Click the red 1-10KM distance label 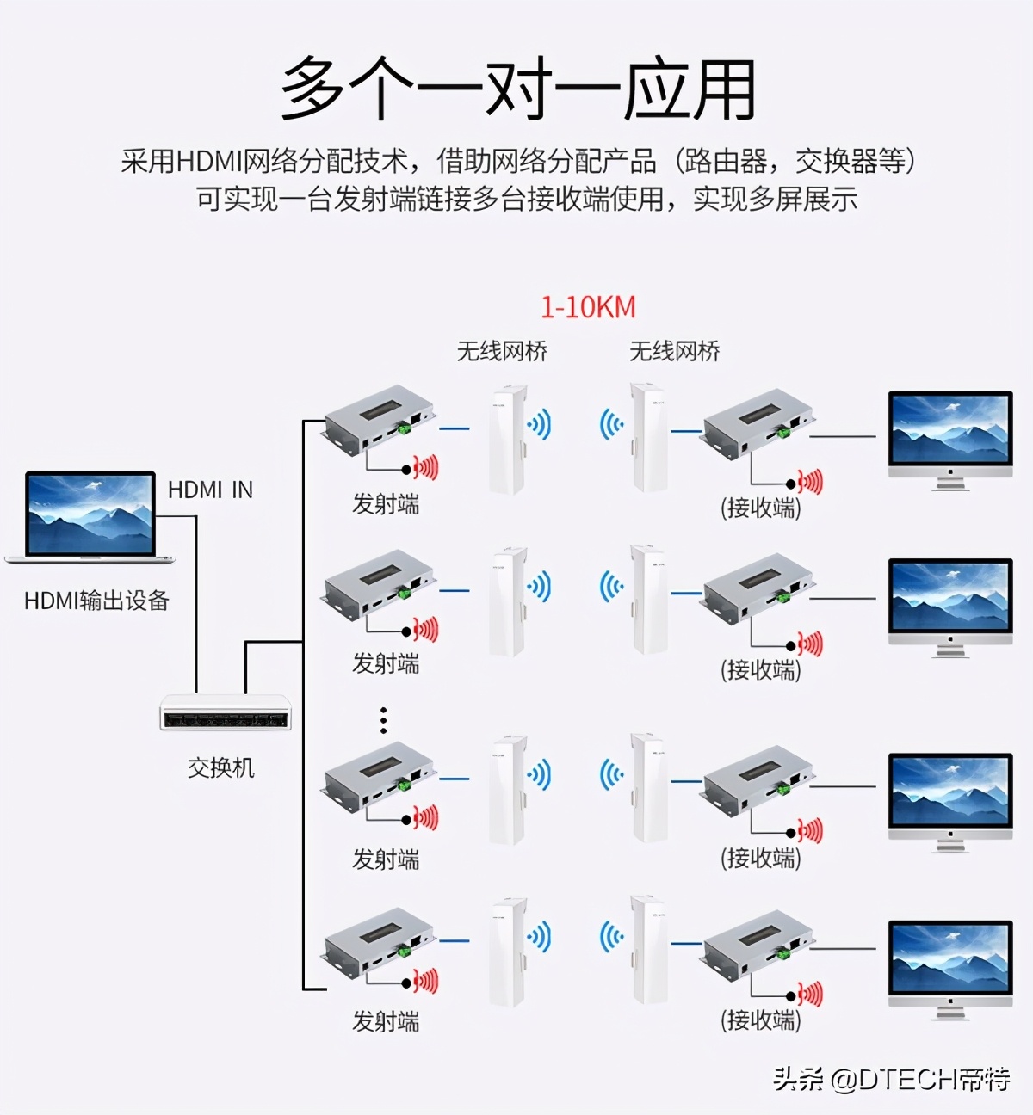(x=588, y=307)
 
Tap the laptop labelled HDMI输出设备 (x=90, y=517)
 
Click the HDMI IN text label (x=210, y=490)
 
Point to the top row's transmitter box (x=379, y=420)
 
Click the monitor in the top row (x=950, y=439)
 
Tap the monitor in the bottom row (x=950, y=969)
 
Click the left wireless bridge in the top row (x=507, y=439)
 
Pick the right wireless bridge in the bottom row (x=647, y=950)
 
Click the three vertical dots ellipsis (x=383, y=720)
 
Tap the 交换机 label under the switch (x=221, y=767)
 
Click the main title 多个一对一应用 (x=518, y=89)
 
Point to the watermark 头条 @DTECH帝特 (x=891, y=1078)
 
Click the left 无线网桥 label (x=502, y=351)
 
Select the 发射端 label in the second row (x=386, y=663)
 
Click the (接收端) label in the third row (x=760, y=858)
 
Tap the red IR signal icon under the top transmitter (x=425, y=467)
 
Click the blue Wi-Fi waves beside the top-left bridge (x=539, y=424)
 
